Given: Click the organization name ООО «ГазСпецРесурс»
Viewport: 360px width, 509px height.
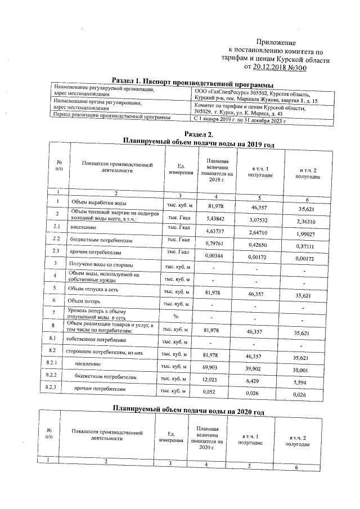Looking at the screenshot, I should tap(217, 93).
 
